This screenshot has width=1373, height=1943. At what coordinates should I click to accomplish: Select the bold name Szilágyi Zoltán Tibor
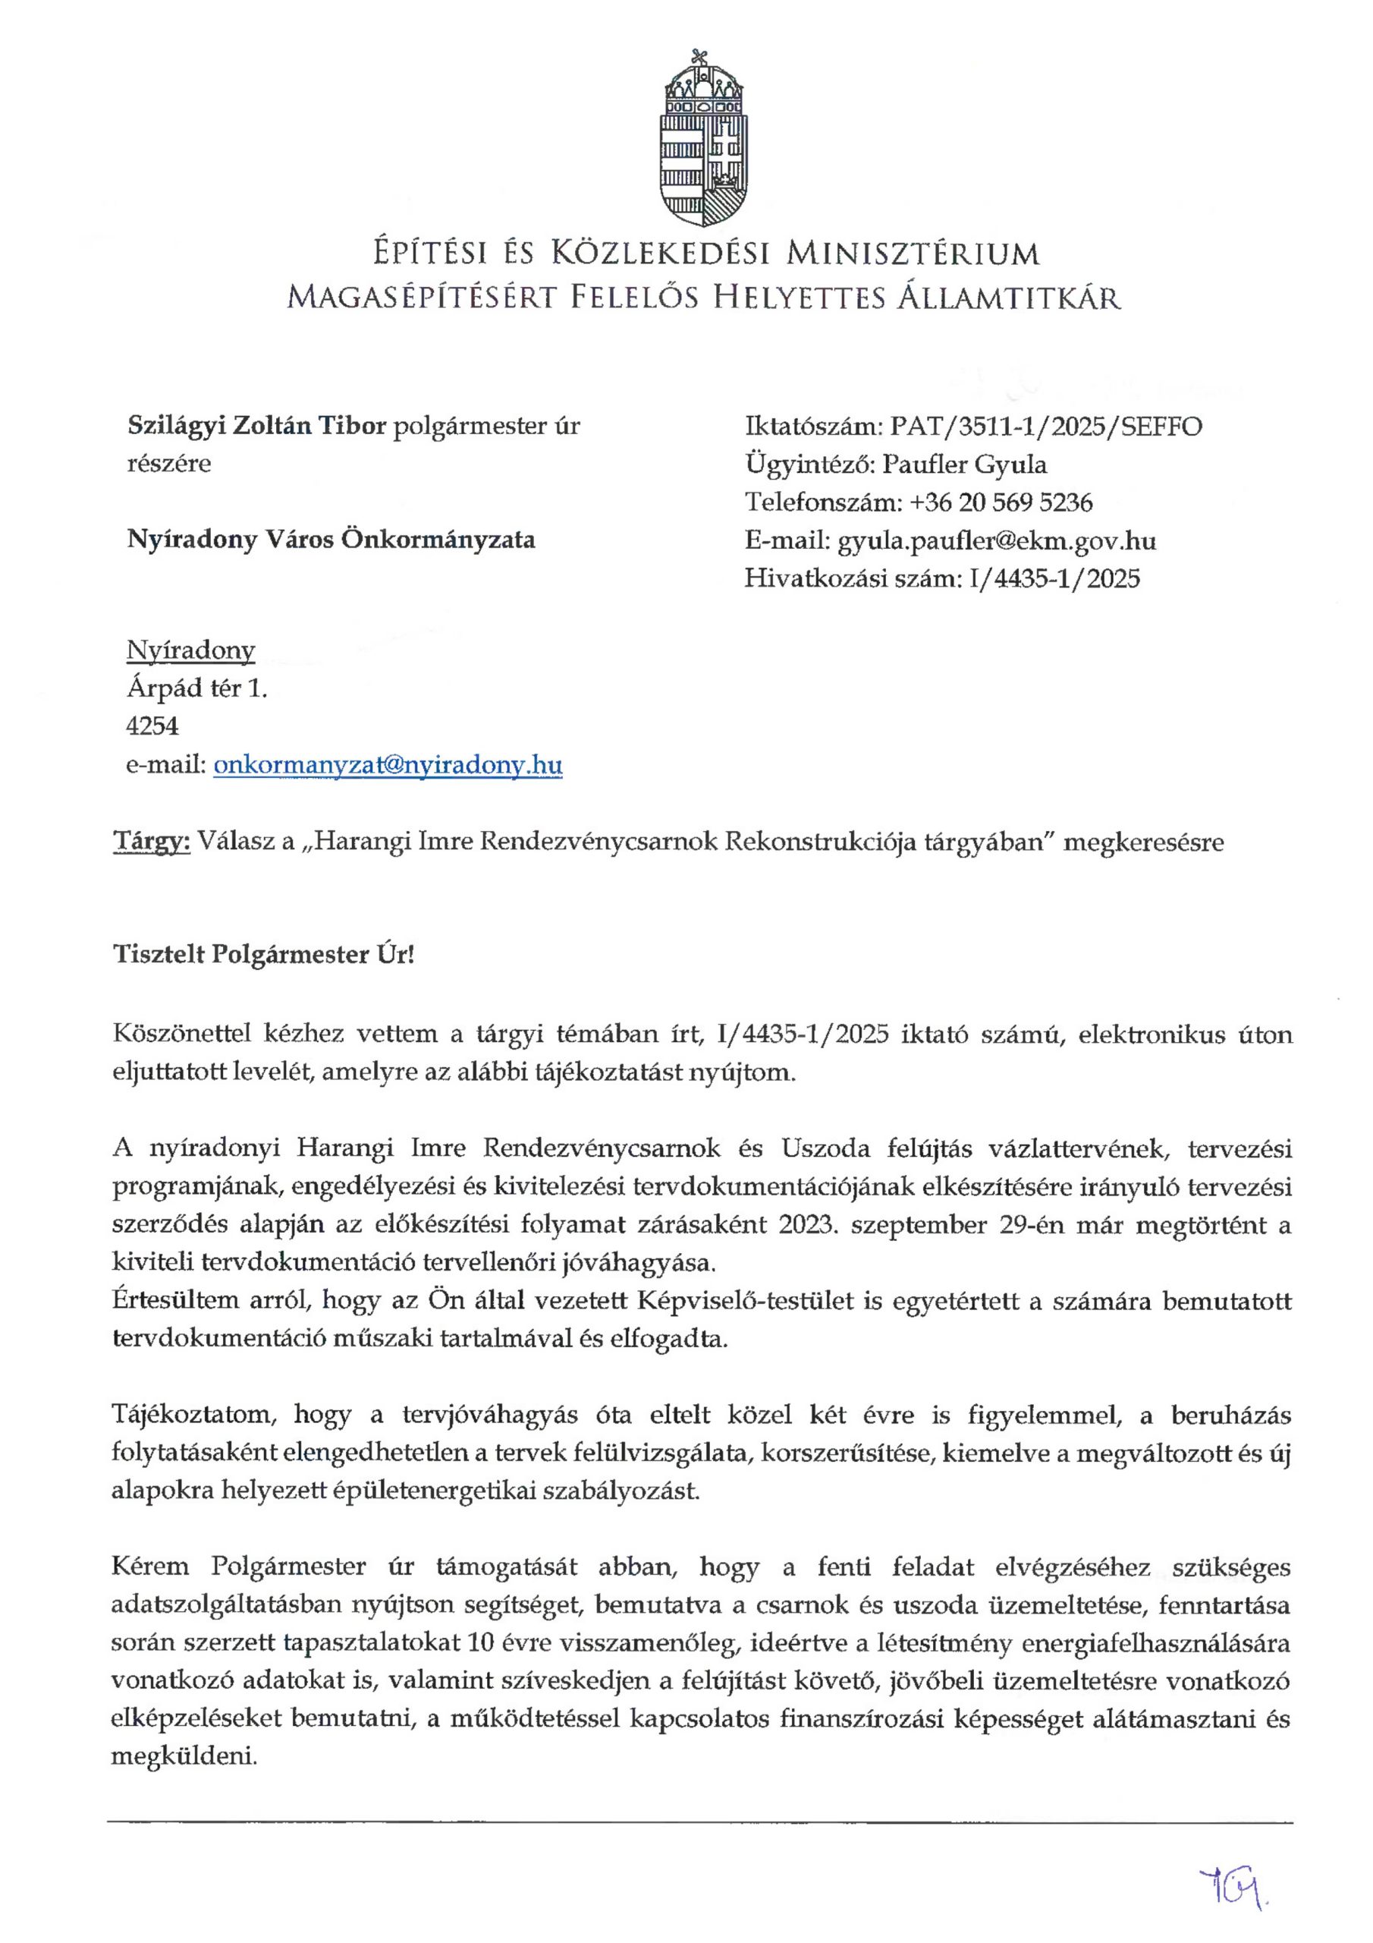point(256,425)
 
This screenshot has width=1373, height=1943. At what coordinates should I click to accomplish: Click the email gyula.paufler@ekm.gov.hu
point(996,540)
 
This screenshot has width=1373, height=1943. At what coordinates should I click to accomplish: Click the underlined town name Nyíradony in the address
point(190,650)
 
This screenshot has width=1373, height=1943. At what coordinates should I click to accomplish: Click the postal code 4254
point(152,726)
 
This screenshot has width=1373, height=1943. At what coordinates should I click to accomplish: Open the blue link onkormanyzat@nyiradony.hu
point(388,765)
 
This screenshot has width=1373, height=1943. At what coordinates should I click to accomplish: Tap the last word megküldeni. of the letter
point(184,1756)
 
